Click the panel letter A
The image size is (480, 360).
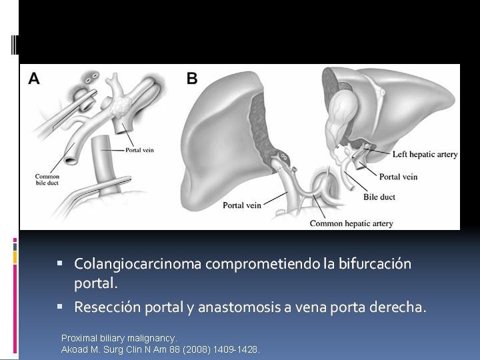click(34, 79)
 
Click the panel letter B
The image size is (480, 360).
click(192, 79)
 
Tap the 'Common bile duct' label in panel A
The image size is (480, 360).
click(47, 180)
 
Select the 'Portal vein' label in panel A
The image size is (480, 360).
click(139, 150)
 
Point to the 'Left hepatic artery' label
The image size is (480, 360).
click(425, 154)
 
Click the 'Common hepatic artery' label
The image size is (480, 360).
click(351, 223)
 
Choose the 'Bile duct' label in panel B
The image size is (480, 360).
click(379, 197)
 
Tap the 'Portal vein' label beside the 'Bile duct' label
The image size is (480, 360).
click(398, 177)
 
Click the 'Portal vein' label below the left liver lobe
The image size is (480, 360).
click(242, 205)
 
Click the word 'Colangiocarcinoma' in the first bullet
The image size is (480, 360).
click(138, 263)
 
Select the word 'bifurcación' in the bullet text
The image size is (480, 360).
click(375, 263)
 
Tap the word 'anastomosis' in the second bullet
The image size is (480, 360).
click(239, 307)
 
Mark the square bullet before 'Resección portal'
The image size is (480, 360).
click(60, 306)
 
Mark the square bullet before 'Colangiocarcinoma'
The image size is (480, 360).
click(60, 263)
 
